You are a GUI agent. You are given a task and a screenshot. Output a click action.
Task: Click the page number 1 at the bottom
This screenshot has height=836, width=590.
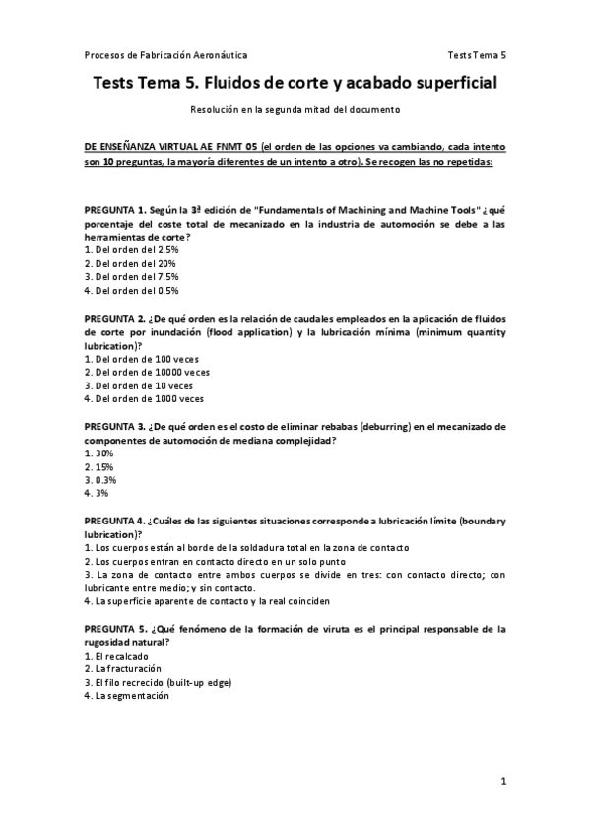click(x=503, y=782)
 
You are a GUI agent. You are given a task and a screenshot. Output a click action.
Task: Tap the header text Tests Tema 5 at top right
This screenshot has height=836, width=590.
click(x=476, y=54)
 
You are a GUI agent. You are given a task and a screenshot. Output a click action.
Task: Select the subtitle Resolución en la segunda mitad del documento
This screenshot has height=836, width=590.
click(x=295, y=109)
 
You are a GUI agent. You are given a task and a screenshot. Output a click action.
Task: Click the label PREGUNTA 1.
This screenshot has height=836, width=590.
click(x=115, y=210)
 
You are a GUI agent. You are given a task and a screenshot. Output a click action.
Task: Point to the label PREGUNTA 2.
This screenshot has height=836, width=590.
click(x=115, y=318)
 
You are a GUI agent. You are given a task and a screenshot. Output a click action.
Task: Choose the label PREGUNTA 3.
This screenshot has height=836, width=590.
click(x=115, y=427)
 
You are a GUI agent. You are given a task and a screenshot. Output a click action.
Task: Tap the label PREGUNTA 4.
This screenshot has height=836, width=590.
click(x=114, y=520)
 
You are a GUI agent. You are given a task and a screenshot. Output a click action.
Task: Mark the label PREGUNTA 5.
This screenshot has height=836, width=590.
click(x=115, y=628)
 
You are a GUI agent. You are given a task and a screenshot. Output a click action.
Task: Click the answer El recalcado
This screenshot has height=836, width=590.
click(x=114, y=656)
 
